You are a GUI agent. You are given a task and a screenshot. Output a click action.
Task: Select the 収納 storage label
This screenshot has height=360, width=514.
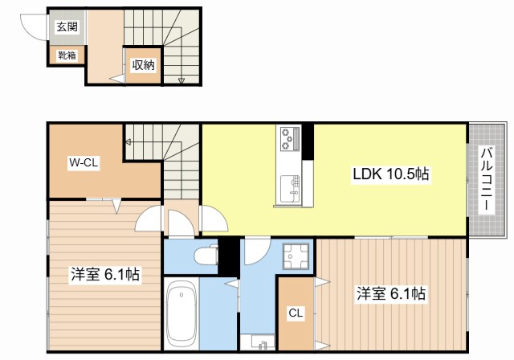click(x=143, y=65)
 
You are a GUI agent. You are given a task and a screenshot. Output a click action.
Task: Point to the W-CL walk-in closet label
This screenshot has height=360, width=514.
click(x=83, y=162)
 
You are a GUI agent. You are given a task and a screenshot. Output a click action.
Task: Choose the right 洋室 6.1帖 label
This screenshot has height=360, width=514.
click(x=391, y=294)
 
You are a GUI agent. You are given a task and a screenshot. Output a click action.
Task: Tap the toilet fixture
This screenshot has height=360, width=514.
click(x=206, y=256)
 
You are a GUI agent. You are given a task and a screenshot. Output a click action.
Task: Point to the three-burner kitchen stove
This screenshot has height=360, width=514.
click(x=288, y=140)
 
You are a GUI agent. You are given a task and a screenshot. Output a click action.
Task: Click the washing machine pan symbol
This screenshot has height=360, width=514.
click(x=298, y=258)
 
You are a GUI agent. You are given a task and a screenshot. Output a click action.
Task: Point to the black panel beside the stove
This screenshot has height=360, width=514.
click(x=306, y=141)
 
